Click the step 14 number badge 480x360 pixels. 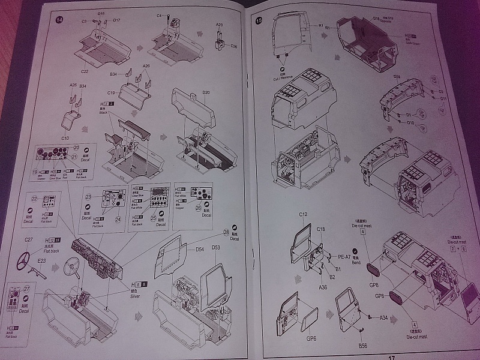pyautogui.click(x=58, y=19)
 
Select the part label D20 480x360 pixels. pyautogui.click(x=206, y=93)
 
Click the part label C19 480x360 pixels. pyautogui.click(x=111, y=93)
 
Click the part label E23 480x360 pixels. pyautogui.click(x=41, y=259)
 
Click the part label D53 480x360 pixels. pyautogui.click(x=216, y=247)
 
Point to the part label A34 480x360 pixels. pyautogui.click(x=385, y=318)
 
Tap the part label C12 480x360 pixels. pyautogui.click(x=302, y=215)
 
